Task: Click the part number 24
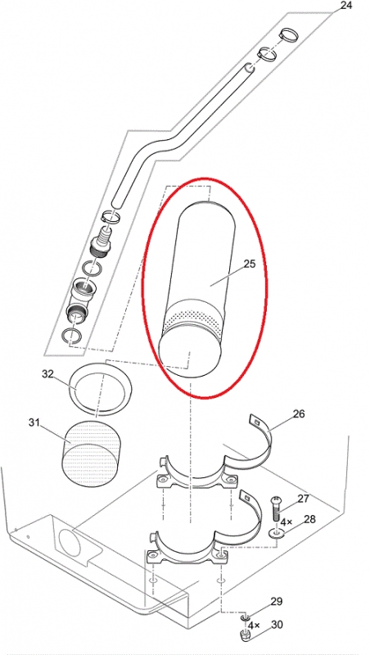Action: [x=346, y=6]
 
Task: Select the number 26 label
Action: [x=299, y=413]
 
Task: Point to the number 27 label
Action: [x=303, y=499]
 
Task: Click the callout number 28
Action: [x=309, y=519]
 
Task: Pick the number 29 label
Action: [x=277, y=602]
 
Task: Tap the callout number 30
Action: [x=277, y=625]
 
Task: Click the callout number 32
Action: [x=47, y=374]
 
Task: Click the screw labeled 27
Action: [x=276, y=508]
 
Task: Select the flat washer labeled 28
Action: [x=276, y=533]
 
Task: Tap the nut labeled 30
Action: [x=245, y=635]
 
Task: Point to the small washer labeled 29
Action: [x=245, y=617]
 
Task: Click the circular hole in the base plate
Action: [x=70, y=542]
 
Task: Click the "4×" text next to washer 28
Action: [x=287, y=522]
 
